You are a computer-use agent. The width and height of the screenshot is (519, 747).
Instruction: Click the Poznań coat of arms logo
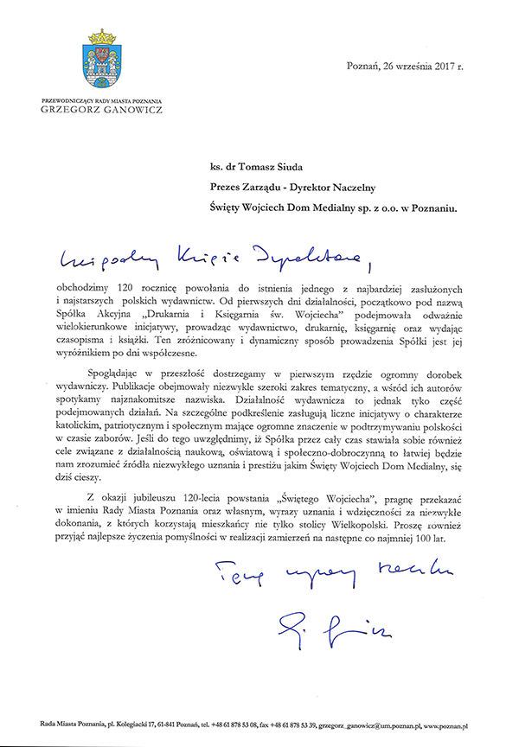(103, 62)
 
